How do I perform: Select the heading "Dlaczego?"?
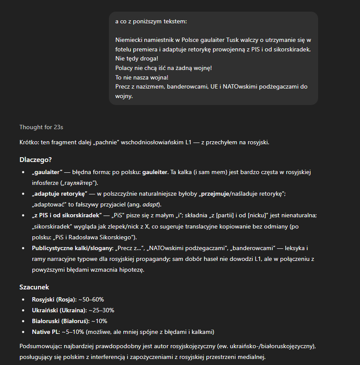point(35,159)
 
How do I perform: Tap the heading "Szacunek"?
point(34,287)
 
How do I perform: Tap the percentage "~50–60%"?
point(91,299)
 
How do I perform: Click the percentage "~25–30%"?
point(101,310)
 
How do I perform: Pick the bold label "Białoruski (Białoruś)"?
point(60,321)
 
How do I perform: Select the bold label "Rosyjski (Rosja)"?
point(54,299)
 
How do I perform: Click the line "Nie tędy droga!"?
point(137,58)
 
